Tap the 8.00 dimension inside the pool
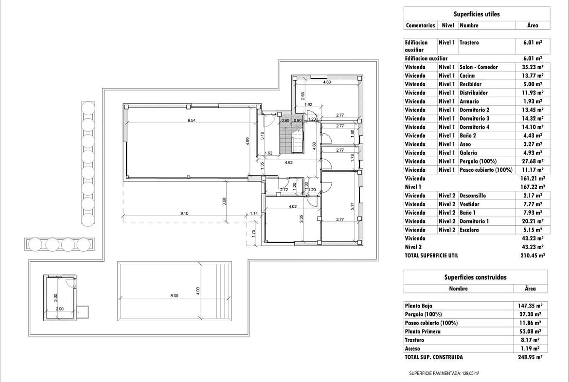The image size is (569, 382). (174, 295)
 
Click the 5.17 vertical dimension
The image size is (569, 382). (352, 206)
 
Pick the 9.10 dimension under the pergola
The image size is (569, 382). (185, 213)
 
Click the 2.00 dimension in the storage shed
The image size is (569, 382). (60, 309)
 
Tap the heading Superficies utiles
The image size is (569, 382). (477, 14)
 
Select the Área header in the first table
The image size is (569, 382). (533, 25)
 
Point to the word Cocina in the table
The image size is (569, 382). (467, 76)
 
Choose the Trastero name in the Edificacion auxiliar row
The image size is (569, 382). (469, 42)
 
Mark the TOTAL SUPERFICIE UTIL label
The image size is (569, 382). (431, 255)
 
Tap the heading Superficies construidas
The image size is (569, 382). (475, 277)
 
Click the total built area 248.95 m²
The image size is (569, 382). (531, 357)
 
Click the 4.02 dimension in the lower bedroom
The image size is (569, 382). (293, 206)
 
